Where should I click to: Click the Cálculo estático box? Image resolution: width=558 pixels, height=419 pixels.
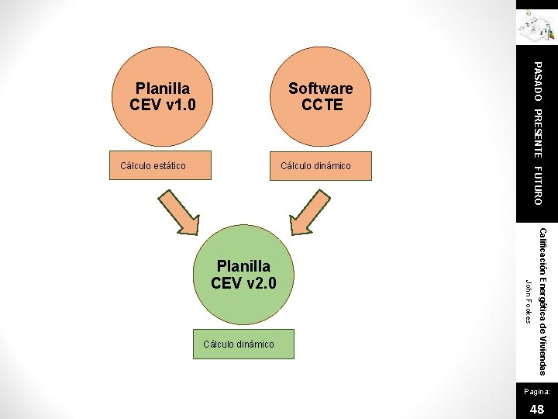point(153,165)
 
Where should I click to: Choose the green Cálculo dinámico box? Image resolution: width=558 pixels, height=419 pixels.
point(239,344)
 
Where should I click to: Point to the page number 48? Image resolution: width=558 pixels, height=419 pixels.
point(536,408)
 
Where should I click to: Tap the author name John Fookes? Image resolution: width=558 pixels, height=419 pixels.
point(527,301)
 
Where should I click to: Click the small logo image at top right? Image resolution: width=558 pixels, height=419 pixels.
point(537,26)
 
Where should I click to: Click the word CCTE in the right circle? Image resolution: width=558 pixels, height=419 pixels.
point(322,105)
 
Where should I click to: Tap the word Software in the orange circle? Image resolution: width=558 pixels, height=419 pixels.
point(321,88)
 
